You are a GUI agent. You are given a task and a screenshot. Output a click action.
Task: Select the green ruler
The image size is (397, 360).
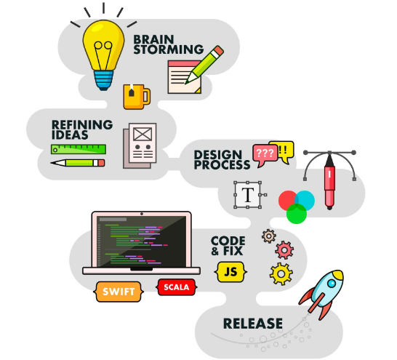point(79,149)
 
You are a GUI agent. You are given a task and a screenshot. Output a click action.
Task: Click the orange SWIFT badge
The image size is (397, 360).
point(119,292)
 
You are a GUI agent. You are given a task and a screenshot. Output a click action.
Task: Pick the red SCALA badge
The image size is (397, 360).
point(177,287)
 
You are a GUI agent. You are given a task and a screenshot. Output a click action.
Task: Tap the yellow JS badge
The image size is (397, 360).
point(230,272)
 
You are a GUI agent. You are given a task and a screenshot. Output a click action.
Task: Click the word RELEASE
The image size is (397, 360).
point(253,324)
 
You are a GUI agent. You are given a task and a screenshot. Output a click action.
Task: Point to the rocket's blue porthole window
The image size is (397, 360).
point(332,284)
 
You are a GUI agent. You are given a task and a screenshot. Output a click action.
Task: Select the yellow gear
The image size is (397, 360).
point(281,274)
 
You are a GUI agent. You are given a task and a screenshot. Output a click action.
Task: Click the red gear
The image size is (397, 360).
point(284,250)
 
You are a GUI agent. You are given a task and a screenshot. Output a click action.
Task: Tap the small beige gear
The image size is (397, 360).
point(269,236)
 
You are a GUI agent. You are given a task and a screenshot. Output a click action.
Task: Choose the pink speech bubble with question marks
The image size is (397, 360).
point(265,155)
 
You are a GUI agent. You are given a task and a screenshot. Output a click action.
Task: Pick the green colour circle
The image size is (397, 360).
point(297,214)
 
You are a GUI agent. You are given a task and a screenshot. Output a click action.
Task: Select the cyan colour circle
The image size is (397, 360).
point(305,201)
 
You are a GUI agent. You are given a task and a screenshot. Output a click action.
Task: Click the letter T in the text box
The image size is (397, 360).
point(248,195)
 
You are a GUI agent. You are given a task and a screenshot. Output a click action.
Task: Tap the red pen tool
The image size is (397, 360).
point(329,183)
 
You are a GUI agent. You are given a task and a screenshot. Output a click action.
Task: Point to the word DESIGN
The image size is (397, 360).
point(218,155)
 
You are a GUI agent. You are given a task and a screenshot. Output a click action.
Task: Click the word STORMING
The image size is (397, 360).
point(169,49)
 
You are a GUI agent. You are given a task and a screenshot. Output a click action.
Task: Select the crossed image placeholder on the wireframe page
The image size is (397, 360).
point(143,134)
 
